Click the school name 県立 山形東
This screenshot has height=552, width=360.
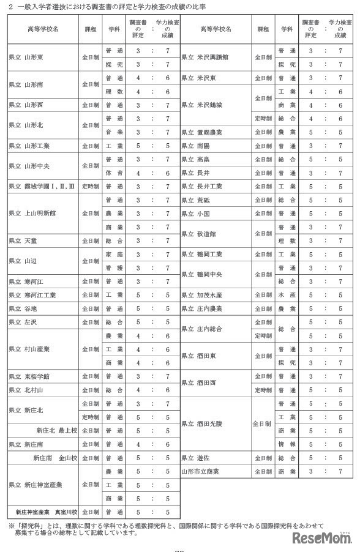point(26,59)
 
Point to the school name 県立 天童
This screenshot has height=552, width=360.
point(23,241)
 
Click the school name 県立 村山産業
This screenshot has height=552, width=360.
point(29,349)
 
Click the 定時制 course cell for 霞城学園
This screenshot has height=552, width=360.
point(89,187)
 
